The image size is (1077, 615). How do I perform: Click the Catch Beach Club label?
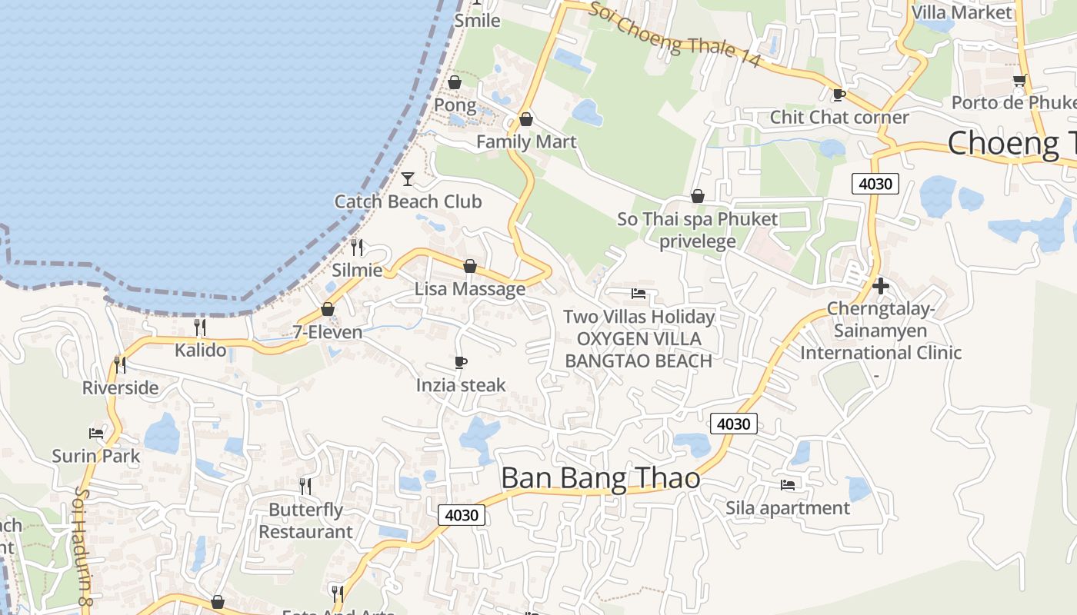(408, 201)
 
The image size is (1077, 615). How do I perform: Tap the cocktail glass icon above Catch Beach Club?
(408, 179)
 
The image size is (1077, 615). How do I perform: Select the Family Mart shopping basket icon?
(526, 119)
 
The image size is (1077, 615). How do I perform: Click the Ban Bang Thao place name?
(600, 478)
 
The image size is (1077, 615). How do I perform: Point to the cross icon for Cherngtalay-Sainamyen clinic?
(881, 286)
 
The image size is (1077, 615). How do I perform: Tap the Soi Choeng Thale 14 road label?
(675, 35)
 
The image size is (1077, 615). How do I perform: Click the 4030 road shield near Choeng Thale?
(875, 184)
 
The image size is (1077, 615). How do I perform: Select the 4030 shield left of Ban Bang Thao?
(462, 515)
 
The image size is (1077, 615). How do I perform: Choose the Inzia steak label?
(461, 385)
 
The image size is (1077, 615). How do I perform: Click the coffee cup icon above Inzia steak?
(461, 362)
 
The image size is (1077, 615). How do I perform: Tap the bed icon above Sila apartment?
(788, 484)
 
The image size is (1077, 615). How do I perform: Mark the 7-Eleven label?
(328, 332)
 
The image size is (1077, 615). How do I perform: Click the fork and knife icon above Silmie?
(357, 247)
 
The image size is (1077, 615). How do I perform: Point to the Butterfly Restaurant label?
(305, 520)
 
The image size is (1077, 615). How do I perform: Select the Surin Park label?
(96, 456)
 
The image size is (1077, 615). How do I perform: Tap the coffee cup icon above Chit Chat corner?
(839, 95)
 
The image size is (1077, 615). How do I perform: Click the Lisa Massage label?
(470, 289)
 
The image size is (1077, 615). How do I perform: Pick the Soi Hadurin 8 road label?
(83, 550)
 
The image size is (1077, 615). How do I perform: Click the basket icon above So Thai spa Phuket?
(698, 197)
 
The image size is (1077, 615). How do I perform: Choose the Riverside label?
(121, 387)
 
